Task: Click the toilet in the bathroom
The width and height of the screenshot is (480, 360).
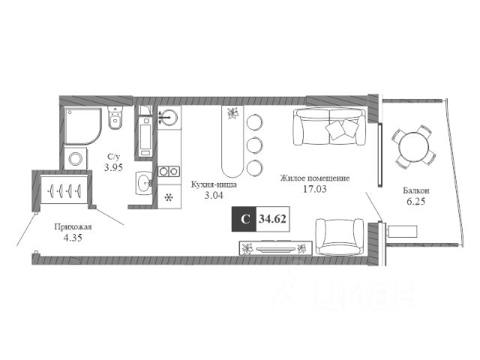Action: pyautogui.click(x=115, y=118)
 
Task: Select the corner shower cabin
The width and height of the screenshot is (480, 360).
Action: pyautogui.click(x=82, y=126)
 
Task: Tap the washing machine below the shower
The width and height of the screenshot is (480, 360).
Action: pyautogui.click(x=75, y=158)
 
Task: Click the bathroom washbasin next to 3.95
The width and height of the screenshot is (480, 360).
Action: pyautogui.click(x=144, y=183)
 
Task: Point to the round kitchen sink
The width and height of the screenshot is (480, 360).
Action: pyautogui.click(x=169, y=117)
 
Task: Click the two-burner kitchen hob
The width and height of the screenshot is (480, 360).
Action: pyautogui.click(x=169, y=171)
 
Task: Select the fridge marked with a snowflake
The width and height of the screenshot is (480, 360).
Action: pyautogui.click(x=169, y=197)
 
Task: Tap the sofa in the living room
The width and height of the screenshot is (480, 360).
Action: pyautogui.click(x=329, y=126)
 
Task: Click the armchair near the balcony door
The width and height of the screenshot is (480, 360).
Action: pyautogui.click(x=340, y=237)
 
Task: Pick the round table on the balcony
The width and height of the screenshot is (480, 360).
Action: pyautogui.click(x=414, y=147)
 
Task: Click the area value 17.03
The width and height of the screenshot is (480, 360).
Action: pyautogui.click(x=315, y=189)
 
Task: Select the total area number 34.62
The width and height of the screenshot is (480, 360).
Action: pyautogui.click(x=272, y=219)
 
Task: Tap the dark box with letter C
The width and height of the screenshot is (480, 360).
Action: pyautogui.click(x=244, y=219)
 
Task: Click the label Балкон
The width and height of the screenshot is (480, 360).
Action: pyautogui.click(x=415, y=190)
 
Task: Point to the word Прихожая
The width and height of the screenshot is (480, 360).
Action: pyautogui.click(x=73, y=227)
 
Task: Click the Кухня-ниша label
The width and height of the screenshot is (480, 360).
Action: pyautogui.click(x=214, y=185)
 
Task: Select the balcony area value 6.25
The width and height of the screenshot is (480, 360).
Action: pyautogui.click(x=415, y=202)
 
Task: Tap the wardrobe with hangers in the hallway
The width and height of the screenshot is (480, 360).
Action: pyautogui.click(x=64, y=190)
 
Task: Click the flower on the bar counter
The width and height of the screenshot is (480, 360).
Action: pyautogui.click(x=233, y=113)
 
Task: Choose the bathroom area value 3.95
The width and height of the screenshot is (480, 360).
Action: pyautogui.click(x=113, y=167)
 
